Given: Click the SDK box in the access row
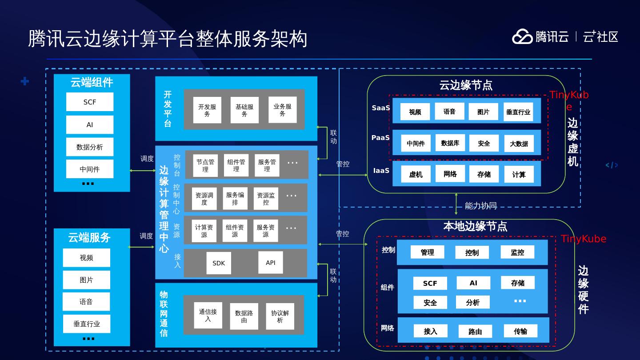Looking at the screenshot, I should point(219,263).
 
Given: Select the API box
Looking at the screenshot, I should point(271,262).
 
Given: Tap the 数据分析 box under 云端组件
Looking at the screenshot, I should point(89,147).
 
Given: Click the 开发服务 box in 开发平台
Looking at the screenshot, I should point(207,110).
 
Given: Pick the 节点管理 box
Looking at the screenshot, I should point(205,165).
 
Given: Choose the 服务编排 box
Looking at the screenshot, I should point(235,198).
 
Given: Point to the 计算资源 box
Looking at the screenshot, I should point(204,231).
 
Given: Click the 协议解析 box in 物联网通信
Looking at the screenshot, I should point(280,316).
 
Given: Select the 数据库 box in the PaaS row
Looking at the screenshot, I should point(450,143).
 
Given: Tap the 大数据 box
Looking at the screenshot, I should point(519,144).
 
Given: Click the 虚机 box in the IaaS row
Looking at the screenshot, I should point(416,174).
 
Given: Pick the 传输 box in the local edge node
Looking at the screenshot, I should point(520,331).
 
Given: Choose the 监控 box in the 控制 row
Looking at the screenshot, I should point(517,252).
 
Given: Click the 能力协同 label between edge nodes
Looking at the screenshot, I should point(480,206).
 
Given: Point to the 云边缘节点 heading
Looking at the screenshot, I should point(466,85).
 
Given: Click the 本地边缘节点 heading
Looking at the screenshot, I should point(475,226).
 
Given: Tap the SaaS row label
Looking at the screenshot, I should point(381,108).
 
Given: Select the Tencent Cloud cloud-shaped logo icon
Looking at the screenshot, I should point(522,36).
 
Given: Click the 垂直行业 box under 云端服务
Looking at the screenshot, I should point(87,324).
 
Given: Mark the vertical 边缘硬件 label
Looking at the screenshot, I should point(583,290).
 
